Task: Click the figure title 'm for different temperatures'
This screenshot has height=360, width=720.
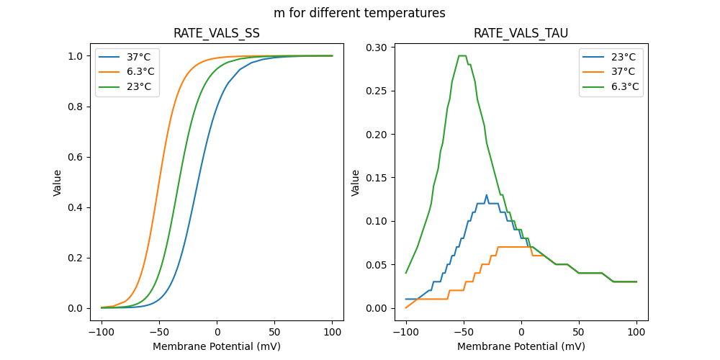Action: click(359, 13)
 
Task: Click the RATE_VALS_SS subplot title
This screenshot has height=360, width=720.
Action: click(217, 33)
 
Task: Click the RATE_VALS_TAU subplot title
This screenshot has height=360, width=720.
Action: click(521, 33)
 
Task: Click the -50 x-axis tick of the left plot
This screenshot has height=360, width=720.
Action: click(159, 332)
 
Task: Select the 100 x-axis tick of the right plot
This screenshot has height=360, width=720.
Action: click(636, 332)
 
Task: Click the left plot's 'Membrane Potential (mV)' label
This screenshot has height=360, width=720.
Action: click(217, 346)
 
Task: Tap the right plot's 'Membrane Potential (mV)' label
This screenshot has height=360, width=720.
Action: click(521, 346)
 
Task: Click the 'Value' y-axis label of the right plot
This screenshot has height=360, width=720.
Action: click(355, 183)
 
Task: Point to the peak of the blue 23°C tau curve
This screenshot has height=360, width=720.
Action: click(487, 195)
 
